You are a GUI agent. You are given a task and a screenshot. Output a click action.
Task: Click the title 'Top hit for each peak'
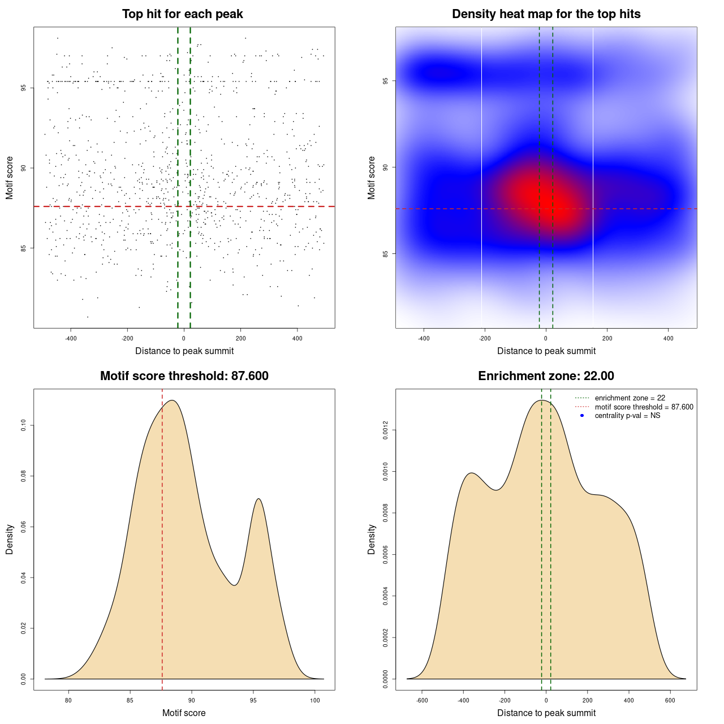point(182,14)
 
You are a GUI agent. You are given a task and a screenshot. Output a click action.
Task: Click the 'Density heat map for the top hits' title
point(546,14)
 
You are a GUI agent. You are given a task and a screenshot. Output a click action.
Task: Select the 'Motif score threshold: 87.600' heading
point(184,376)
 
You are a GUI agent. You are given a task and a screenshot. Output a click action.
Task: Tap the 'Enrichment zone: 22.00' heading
point(546,376)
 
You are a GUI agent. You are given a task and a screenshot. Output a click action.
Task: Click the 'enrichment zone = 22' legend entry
point(630,398)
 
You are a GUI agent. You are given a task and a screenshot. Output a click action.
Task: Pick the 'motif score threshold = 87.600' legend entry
point(644,407)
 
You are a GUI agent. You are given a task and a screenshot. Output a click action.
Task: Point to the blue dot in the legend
point(582,416)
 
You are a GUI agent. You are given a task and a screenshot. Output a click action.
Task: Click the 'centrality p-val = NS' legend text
point(627,416)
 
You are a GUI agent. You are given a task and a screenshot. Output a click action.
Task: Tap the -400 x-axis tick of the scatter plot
point(71,339)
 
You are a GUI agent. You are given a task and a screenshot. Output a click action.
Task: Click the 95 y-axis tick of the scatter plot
point(24,88)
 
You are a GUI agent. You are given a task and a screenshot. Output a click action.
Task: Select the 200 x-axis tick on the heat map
point(607,339)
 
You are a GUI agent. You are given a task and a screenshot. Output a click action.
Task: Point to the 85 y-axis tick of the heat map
point(386,253)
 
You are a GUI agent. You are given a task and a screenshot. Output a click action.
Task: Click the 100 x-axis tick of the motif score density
point(315,700)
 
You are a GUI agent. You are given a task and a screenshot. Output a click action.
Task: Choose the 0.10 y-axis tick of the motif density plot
point(24,425)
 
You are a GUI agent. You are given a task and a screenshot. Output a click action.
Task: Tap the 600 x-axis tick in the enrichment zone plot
point(670,700)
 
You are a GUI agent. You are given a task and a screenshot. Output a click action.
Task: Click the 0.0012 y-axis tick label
point(386,430)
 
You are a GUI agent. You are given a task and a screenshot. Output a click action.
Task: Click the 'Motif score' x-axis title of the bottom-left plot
point(184,713)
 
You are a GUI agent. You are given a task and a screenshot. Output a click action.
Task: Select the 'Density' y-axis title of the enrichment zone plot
point(372,539)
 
